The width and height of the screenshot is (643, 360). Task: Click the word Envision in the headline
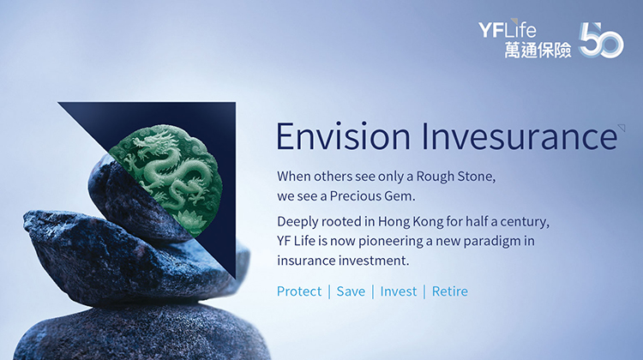pyautogui.click(x=343, y=136)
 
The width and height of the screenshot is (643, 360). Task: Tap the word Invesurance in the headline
pyautogui.click(x=520, y=136)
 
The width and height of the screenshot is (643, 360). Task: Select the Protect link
pyautogui.click(x=299, y=291)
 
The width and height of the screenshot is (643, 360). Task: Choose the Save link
pyautogui.click(x=351, y=291)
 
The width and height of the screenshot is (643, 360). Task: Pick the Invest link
pyautogui.click(x=398, y=291)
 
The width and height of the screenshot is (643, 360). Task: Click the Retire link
pyautogui.click(x=450, y=291)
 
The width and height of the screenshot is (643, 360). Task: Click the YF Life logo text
pyautogui.click(x=507, y=29)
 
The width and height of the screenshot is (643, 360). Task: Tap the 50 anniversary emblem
pyautogui.click(x=601, y=40)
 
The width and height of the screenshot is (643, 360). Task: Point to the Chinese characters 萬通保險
pyautogui.click(x=538, y=50)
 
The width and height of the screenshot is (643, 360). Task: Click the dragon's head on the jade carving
pyautogui.click(x=153, y=142)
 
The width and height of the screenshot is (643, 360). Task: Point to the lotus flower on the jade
pyautogui.click(x=189, y=219)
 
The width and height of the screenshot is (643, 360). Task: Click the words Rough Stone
pyautogui.click(x=456, y=177)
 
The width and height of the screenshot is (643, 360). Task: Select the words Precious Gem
pyautogui.click(x=372, y=196)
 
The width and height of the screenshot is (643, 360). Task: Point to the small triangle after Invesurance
pyautogui.click(x=622, y=128)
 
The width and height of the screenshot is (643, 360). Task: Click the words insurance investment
pyautogui.click(x=343, y=261)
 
